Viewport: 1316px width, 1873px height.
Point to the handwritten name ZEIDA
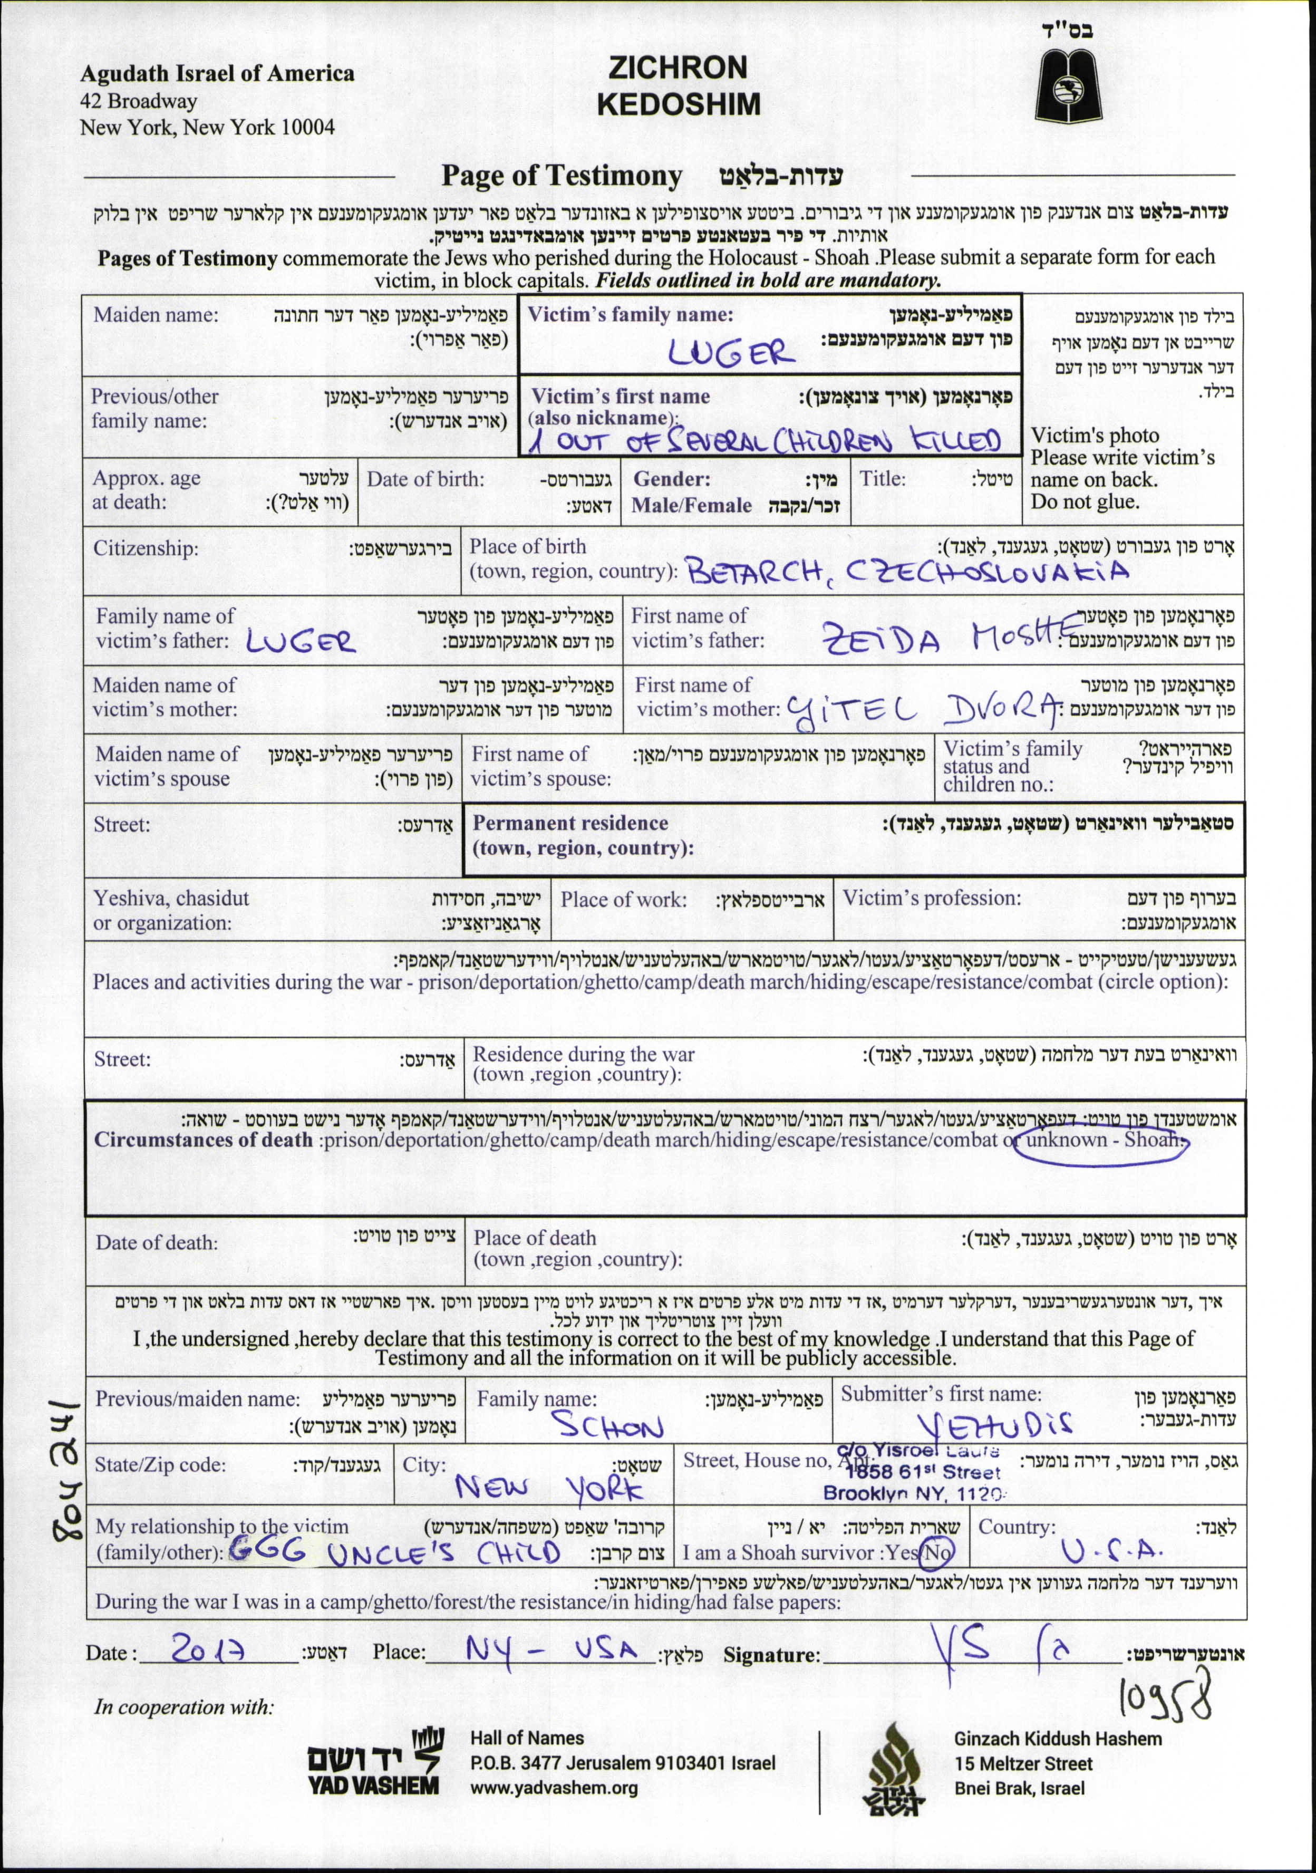(x=880, y=639)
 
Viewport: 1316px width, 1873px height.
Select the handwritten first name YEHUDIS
(x=995, y=1424)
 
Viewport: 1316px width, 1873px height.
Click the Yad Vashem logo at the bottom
(x=374, y=1761)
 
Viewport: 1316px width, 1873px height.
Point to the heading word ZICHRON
(x=678, y=67)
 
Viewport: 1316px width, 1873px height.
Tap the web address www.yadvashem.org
(x=554, y=1788)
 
